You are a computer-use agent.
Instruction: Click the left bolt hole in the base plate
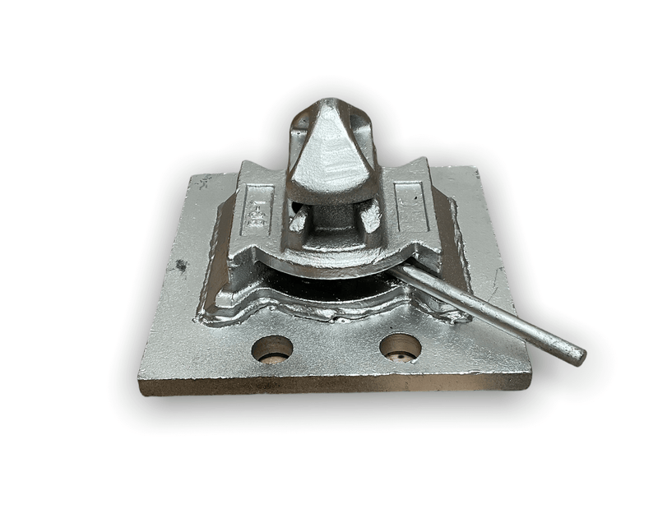(272, 349)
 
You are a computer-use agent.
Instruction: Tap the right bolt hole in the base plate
(401, 347)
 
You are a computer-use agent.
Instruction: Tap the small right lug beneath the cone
(370, 215)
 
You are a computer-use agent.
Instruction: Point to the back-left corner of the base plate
(192, 175)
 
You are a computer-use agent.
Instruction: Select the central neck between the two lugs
(333, 218)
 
